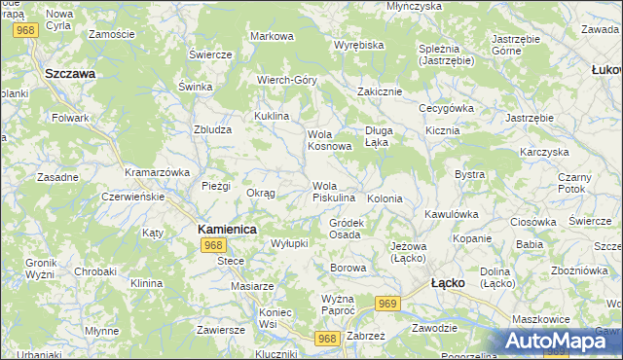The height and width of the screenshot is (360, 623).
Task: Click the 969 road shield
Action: point(388,305)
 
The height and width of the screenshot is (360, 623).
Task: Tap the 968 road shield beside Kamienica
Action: point(215,245)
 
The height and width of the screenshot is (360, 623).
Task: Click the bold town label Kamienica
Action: point(227,229)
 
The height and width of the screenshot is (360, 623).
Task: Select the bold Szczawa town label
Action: point(69,73)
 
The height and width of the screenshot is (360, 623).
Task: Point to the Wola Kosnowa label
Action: point(329,140)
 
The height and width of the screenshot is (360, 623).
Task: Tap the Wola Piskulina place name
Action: point(333,192)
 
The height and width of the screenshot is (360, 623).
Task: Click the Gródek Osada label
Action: point(346,229)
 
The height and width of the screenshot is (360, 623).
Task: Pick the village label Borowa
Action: point(348,267)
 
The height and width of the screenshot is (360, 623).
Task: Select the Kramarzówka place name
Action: point(156,172)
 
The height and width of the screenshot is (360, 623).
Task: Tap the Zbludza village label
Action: point(212,128)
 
